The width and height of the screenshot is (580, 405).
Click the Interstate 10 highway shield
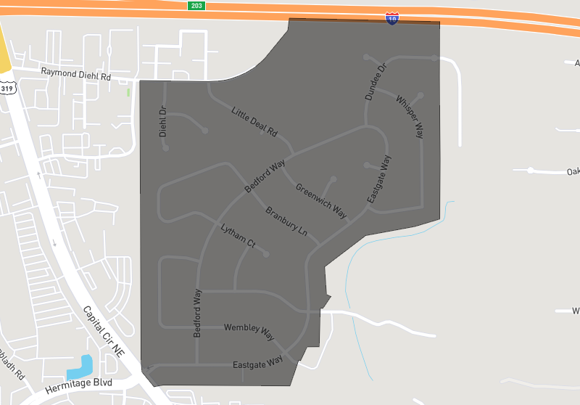(x=391, y=18)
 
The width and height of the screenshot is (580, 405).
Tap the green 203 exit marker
(x=196, y=5)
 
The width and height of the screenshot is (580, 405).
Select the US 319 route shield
(x=7, y=88)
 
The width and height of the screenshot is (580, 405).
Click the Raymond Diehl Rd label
(x=75, y=73)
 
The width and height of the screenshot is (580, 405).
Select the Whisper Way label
(x=410, y=116)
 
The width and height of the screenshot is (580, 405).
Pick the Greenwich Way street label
(x=320, y=200)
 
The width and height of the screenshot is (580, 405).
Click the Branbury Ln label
(x=286, y=223)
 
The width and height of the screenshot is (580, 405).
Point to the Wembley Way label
(x=249, y=332)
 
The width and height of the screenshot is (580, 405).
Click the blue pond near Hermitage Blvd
(x=80, y=368)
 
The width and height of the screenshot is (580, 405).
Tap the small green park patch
(x=128, y=92)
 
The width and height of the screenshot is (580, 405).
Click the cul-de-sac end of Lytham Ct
(x=267, y=254)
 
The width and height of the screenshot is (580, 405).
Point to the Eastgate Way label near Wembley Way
(x=257, y=362)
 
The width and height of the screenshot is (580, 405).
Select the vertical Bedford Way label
(x=197, y=313)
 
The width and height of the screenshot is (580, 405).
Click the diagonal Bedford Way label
(x=265, y=176)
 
